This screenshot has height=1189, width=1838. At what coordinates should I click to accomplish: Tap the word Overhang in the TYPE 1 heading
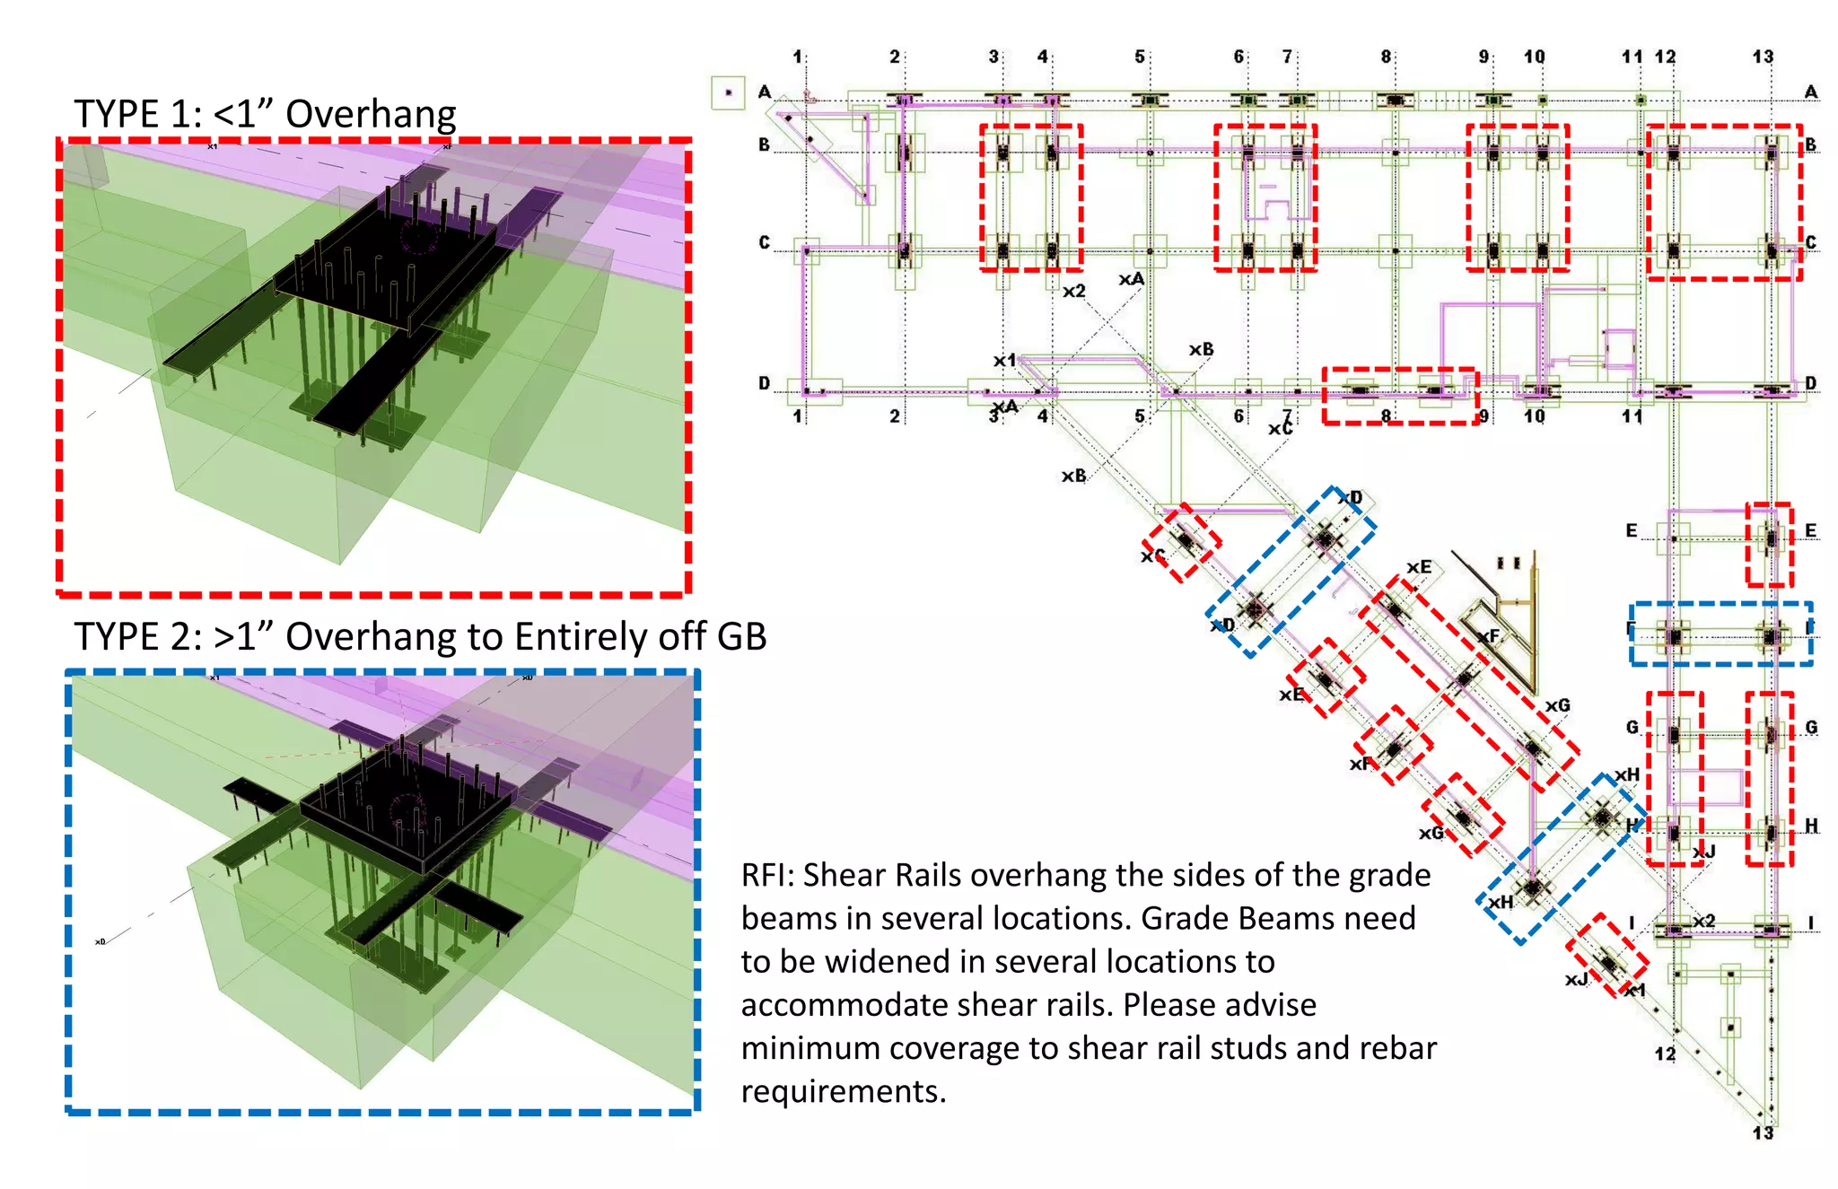coord(371,114)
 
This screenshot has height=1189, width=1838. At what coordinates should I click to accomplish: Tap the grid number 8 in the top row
coord(1386,57)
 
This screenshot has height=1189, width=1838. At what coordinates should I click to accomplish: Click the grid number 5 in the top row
coord(1140,57)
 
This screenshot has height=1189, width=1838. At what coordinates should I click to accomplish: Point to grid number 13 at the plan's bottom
coord(1763,1132)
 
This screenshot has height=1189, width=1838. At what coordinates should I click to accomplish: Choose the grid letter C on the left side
coord(764,242)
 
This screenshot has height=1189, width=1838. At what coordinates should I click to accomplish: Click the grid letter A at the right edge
coord(1811,92)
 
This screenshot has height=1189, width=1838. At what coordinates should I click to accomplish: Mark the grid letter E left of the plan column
coord(1632,530)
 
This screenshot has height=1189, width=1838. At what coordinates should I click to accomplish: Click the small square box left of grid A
coord(728,92)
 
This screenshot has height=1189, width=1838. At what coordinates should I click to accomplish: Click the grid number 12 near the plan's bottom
coord(1665,1053)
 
